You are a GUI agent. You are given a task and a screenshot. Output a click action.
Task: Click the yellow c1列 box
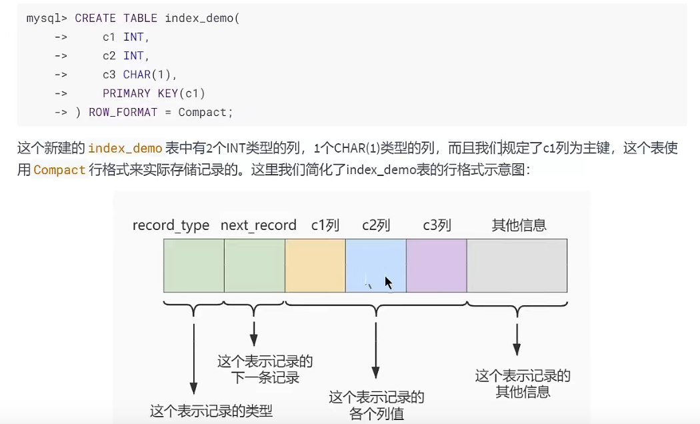(315, 265)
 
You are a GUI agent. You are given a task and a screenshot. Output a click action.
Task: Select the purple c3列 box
(436, 265)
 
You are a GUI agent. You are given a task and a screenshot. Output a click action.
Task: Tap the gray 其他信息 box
(517, 265)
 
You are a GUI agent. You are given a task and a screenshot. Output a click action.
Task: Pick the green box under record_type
(193, 265)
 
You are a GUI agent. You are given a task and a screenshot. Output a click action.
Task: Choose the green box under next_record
(254, 265)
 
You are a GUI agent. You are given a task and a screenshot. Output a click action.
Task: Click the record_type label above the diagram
(171, 225)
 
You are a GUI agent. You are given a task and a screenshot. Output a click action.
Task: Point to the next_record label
(258, 225)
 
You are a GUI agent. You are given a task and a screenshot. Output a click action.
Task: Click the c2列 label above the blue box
(376, 225)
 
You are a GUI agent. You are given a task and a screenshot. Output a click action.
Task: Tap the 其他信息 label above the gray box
(519, 225)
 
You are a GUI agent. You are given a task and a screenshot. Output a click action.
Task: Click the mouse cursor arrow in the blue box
(388, 282)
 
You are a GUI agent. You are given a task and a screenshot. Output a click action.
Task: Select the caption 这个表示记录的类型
(211, 411)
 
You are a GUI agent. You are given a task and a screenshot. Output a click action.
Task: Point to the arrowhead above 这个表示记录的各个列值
(376, 374)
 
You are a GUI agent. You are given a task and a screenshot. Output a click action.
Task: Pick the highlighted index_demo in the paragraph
(125, 149)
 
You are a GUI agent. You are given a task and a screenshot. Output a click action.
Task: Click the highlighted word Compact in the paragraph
(59, 170)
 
